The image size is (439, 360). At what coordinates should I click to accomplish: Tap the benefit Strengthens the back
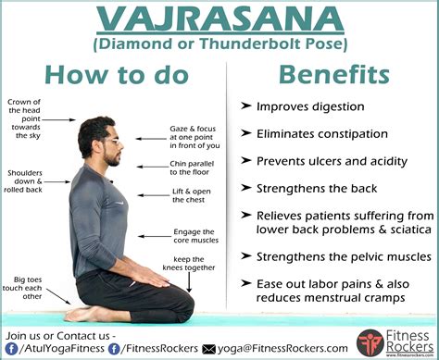pos(316,188)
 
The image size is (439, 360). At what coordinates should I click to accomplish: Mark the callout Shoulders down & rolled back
pos(23,183)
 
